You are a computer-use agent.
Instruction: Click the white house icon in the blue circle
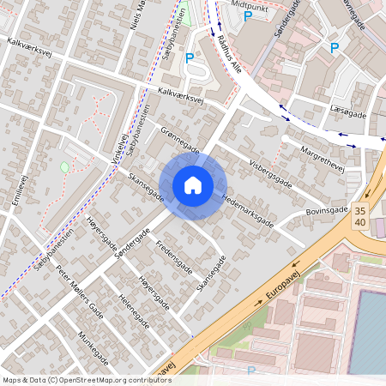192,184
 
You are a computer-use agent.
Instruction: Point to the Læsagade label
347,113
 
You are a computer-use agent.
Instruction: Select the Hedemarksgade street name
247,208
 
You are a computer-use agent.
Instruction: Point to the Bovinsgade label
327,211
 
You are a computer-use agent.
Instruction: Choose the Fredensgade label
174,257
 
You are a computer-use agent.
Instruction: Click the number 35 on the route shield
360,211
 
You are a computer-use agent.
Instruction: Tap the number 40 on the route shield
360,223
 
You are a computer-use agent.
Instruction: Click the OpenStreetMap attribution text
86,379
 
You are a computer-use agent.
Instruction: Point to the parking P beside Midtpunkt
248,16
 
